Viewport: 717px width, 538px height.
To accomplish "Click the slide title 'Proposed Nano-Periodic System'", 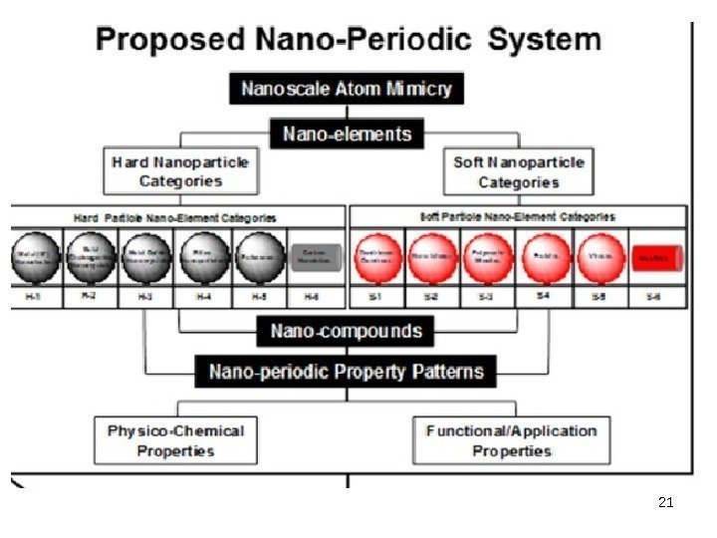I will coord(349,40).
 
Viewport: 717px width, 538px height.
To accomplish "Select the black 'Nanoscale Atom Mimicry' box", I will coord(347,89).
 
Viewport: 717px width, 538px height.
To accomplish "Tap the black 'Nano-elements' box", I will coord(347,134).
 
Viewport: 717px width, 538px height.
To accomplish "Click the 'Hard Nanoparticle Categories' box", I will coord(180,171).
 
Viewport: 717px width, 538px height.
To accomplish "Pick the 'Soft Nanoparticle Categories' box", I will coord(518,171).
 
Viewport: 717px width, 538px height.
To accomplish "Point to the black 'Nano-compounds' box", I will coord(347,331).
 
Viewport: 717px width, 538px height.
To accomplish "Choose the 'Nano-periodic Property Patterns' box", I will coord(347,373).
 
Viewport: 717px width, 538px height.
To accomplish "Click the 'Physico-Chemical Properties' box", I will coord(176,440).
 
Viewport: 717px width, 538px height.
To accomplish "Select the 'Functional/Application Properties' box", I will coord(512,440).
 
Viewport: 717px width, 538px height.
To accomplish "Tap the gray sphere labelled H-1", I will coord(37,257).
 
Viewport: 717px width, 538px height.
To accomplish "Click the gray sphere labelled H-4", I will coord(203,257).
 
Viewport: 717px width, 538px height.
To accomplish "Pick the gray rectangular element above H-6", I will coord(316,257).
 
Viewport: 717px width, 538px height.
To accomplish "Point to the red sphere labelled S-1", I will coord(378,257).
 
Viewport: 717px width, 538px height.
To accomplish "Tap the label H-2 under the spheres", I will coord(92,296).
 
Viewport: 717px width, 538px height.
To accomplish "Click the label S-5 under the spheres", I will coord(599,296).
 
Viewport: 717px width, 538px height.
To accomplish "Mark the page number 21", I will coord(666,502).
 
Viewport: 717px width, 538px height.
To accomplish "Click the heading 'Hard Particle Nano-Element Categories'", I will coord(175,216).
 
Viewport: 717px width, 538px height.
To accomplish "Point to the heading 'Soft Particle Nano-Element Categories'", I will coord(518,216).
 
